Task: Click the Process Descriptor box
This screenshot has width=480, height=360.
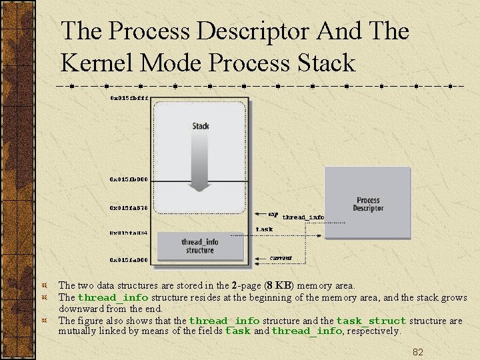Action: point(367,205)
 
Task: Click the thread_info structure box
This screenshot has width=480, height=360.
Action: point(199,246)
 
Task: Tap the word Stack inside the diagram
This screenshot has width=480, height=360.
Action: point(201,126)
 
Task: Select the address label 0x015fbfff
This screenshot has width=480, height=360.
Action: point(129,97)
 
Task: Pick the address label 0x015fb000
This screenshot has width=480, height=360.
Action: point(129,179)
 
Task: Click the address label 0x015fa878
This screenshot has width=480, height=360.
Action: point(129,207)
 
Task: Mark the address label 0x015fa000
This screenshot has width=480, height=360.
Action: point(129,259)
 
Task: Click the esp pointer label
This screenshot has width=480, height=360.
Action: point(273,214)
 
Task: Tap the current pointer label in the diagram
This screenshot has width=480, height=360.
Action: point(281,257)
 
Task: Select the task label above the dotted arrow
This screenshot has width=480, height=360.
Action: point(264,229)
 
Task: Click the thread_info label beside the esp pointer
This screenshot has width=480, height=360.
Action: point(303,217)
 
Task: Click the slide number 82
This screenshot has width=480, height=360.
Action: point(418,352)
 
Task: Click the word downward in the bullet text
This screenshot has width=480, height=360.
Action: point(83,309)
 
